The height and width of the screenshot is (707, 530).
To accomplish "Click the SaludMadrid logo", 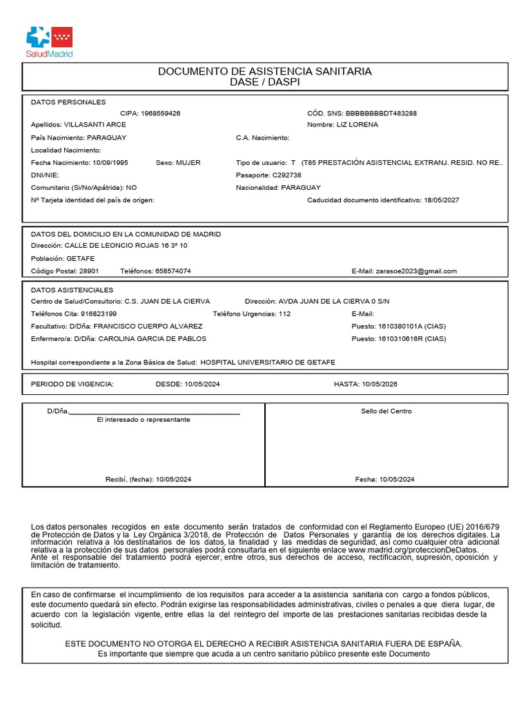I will pos(49,41).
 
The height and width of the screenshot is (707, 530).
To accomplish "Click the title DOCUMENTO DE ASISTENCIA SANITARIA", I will pos(265,72).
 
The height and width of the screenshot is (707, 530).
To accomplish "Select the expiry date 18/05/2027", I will pos(440,200).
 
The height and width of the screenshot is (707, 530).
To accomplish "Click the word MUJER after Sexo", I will pos(188,163).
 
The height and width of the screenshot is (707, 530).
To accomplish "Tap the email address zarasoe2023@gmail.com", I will pos(417,271).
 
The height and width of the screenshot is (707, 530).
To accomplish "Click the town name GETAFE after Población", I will pos(80,259).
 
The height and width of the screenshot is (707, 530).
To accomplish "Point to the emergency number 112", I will pos(284,314).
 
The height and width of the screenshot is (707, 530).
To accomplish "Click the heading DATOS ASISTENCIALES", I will pos(72,290).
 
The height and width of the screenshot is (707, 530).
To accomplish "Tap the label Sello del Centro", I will pos(386,411).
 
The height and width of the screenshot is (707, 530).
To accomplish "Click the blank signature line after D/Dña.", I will pos(155,411).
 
